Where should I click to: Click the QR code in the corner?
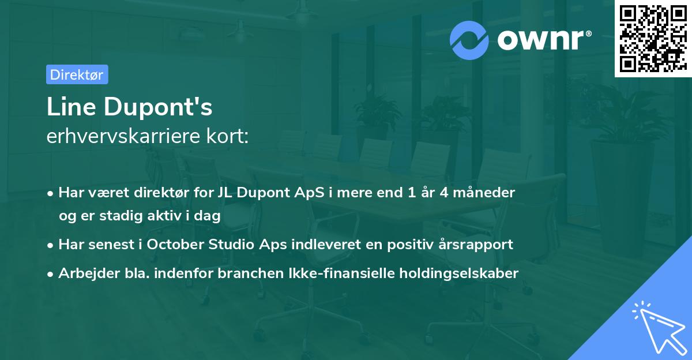click(653, 38)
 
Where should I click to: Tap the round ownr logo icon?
click(469, 40)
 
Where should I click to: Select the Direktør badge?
click(77, 74)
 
